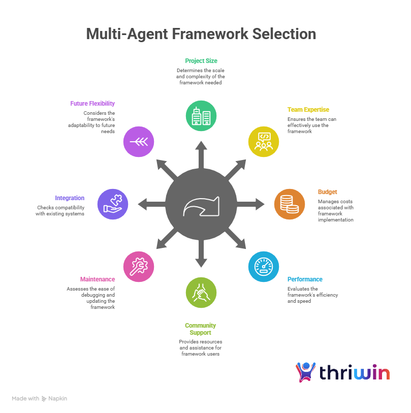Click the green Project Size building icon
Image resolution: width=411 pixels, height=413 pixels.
click(x=201, y=115)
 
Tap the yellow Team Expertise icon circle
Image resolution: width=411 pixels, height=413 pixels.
click(x=264, y=141)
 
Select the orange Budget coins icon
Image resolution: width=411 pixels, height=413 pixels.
click(x=290, y=204)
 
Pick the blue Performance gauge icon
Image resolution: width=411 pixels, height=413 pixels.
click(x=264, y=267)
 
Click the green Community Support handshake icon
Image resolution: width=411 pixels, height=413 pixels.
click(x=201, y=293)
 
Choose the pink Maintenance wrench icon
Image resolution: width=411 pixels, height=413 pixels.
click(x=139, y=267)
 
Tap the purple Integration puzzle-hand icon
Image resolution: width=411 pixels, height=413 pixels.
click(x=113, y=204)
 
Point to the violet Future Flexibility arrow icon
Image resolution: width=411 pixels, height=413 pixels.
click(x=139, y=142)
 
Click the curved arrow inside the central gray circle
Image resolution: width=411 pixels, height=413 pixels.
click(x=201, y=206)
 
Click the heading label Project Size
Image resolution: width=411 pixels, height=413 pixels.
click(x=201, y=61)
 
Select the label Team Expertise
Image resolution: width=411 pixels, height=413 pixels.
click(x=308, y=110)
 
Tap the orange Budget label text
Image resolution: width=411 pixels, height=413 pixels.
click(x=327, y=192)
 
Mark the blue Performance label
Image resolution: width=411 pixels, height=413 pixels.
click(x=305, y=279)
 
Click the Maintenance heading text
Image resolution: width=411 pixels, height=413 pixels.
click(x=98, y=279)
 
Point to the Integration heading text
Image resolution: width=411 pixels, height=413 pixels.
click(x=70, y=198)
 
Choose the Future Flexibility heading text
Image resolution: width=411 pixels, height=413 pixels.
click(x=92, y=103)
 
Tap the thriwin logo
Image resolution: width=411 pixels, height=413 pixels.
click(x=343, y=372)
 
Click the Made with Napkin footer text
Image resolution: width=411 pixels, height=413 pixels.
click(x=40, y=399)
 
